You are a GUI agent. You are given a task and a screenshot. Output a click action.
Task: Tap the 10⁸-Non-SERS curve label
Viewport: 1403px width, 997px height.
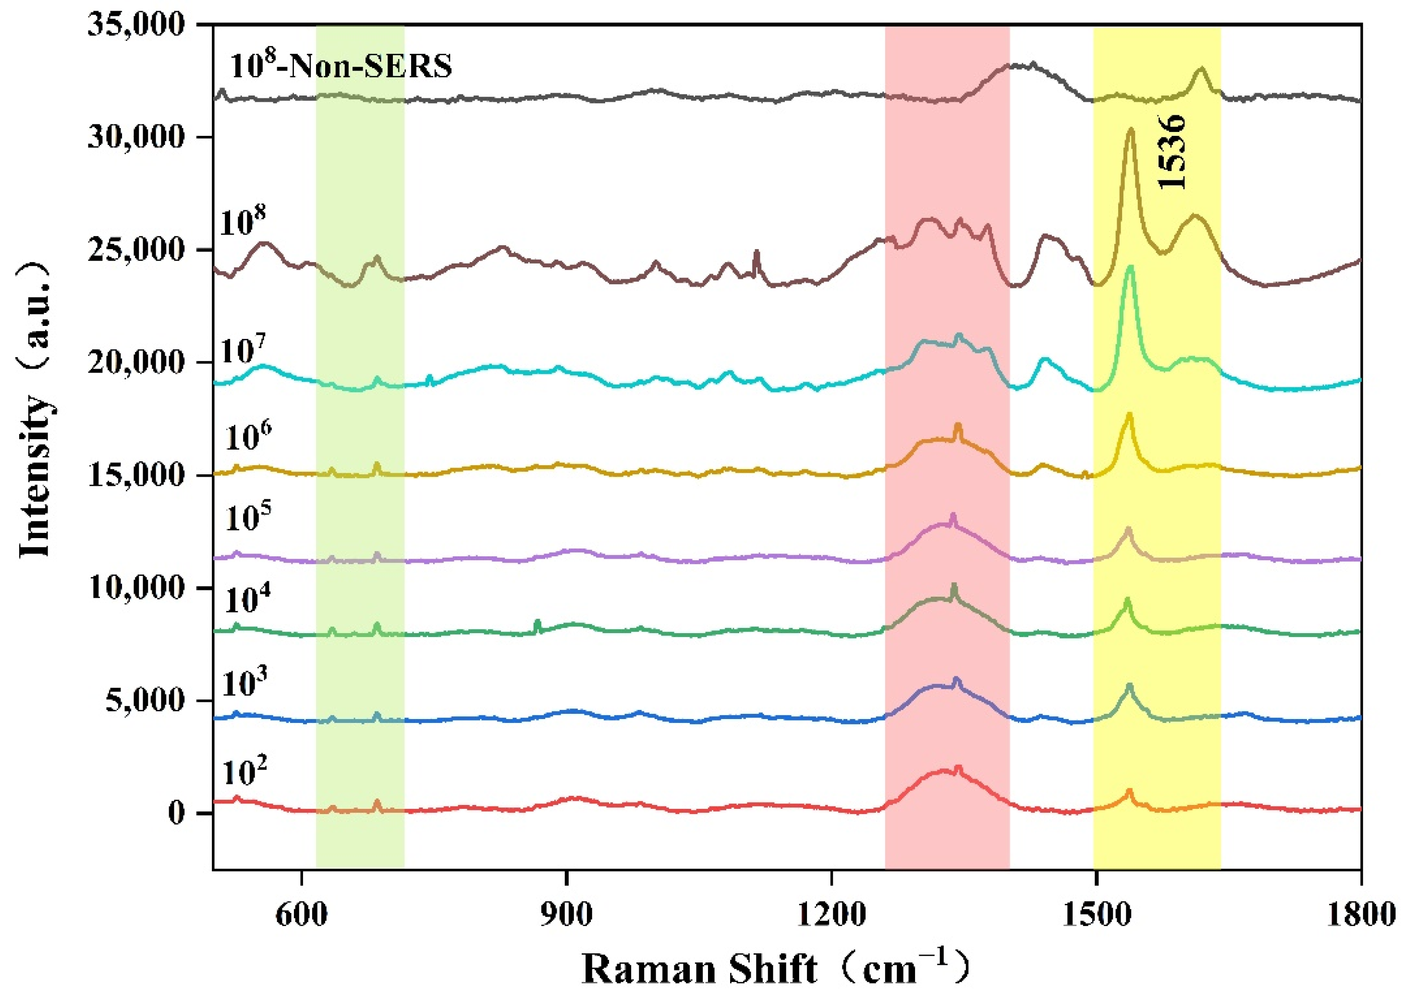(341, 65)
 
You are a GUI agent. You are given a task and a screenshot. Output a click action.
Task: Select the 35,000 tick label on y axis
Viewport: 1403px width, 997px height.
(136, 26)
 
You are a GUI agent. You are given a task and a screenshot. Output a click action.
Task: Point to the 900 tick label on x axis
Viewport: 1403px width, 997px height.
(566, 915)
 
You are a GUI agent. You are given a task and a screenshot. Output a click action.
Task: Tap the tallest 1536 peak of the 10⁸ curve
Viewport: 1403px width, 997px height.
(1130, 131)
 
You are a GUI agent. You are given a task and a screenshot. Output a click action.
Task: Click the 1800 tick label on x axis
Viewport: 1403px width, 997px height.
(1361, 915)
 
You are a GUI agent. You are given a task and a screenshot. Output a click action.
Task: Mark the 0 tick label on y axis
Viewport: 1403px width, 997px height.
(177, 814)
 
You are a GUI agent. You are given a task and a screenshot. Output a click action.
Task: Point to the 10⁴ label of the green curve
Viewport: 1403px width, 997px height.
(247, 600)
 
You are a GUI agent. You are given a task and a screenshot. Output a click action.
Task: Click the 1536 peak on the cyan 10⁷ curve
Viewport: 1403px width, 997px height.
(1130, 268)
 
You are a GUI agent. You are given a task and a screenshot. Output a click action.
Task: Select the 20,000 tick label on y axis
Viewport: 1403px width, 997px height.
(136, 363)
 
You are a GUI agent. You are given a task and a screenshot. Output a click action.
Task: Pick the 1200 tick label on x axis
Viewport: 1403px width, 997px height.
(832, 915)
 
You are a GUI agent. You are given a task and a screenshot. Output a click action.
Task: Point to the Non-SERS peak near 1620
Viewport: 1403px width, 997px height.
(1201, 70)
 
